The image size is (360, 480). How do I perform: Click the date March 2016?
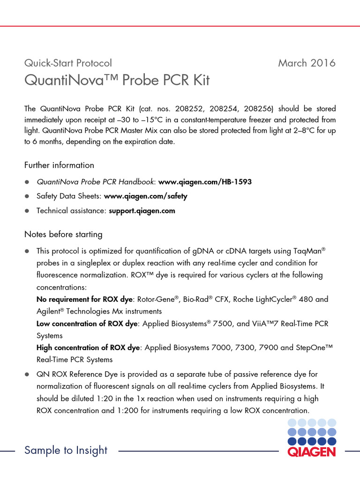tap(307, 63)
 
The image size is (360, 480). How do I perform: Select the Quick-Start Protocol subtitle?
tap(68, 63)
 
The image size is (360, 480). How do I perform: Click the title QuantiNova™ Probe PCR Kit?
tap(117, 80)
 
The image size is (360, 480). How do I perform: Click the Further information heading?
tap(59, 165)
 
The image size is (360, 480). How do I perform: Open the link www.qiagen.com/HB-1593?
tap(205, 181)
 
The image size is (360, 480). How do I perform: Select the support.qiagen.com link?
tap(142, 210)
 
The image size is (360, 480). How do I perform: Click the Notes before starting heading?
tap(63, 234)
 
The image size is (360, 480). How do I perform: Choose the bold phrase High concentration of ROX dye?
tap(89, 348)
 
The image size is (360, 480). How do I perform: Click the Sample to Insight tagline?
tap(66, 450)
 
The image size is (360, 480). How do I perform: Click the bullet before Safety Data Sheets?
tap(27, 196)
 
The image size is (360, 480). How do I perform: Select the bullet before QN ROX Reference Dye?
tap(27, 375)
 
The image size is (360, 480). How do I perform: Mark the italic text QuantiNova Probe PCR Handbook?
tap(96, 181)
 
